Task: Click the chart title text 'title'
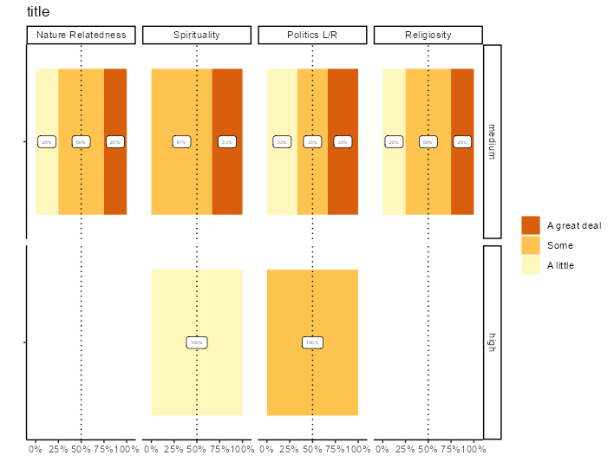[38, 12]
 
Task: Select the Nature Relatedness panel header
[81, 35]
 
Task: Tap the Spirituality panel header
[197, 35]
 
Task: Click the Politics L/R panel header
[312, 35]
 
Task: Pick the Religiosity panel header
[428, 35]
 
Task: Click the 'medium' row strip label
[492, 141]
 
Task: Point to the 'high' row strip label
[492, 342]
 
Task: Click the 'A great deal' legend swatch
[531, 225]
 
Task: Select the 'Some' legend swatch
[531, 245]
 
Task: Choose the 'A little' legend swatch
[531, 265]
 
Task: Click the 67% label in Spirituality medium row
[181, 141]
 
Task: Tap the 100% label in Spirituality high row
[197, 342]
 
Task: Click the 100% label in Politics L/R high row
[312, 342]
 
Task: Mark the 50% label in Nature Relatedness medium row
[81, 141]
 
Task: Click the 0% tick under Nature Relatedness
[36, 449]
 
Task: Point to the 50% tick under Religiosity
[428, 449]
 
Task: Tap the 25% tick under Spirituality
[174, 449]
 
